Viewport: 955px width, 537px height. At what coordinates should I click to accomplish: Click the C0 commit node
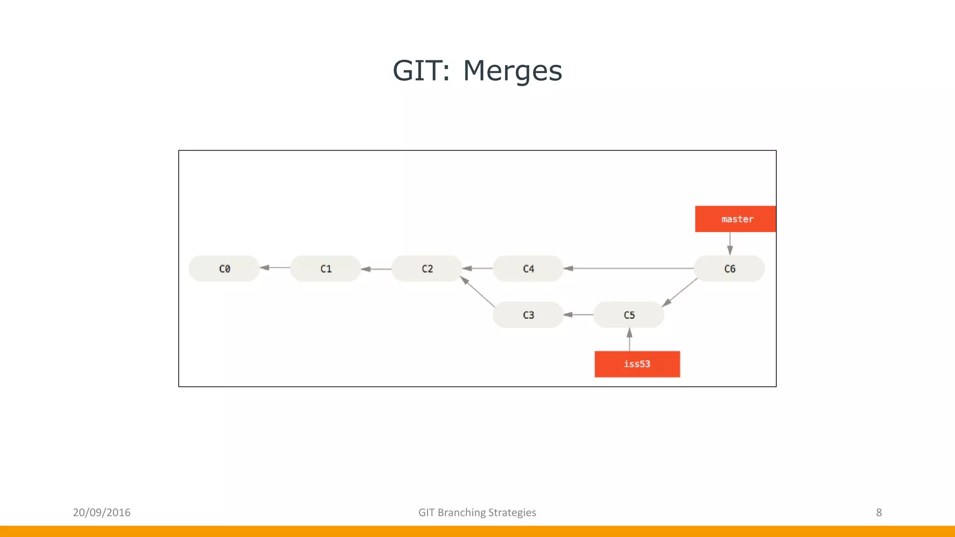point(224,268)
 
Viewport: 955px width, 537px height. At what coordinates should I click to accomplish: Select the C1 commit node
point(325,268)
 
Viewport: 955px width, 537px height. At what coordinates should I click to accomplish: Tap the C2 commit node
point(427,268)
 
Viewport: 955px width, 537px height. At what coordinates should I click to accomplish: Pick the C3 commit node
point(528,315)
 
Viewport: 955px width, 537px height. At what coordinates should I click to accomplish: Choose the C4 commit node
point(528,268)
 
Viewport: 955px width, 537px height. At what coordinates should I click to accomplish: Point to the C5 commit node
point(629,315)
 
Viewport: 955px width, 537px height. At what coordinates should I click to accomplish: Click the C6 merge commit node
point(729,268)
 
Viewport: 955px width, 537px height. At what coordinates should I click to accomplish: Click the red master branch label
point(736,219)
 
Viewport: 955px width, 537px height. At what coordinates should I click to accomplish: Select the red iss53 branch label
point(637,364)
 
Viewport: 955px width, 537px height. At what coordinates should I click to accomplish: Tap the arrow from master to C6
point(730,243)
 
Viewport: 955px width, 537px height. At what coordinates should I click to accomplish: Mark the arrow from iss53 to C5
point(630,339)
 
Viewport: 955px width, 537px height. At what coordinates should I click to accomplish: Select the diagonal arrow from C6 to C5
point(680,292)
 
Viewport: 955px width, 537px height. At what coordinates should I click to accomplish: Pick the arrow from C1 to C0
point(275,268)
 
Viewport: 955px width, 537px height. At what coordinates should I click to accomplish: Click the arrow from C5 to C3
point(578,315)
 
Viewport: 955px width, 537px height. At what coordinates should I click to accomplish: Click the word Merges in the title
point(512,71)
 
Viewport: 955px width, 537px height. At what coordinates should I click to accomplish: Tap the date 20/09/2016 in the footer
point(102,512)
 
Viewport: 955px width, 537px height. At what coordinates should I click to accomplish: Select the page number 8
point(879,512)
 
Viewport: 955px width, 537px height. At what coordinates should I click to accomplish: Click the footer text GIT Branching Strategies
point(477,512)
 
